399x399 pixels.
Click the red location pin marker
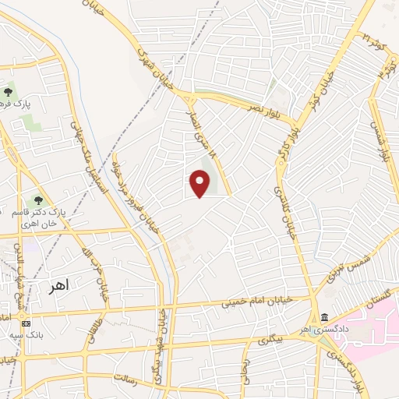click(x=200, y=184)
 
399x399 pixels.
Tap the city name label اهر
click(x=58, y=285)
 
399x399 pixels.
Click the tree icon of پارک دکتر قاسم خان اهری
click(x=38, y=201)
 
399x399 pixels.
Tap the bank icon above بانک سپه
click(x=26, y=323)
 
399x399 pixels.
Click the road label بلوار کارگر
click(x=283, y=149)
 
